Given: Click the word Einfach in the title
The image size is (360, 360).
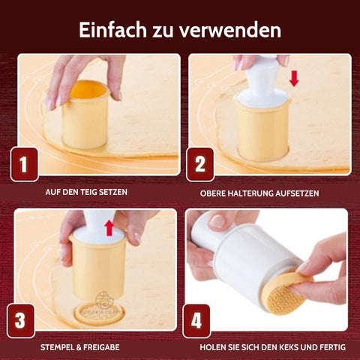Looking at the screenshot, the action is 112,30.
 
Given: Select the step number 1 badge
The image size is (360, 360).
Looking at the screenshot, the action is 24,164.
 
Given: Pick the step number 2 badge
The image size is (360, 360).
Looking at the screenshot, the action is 200,164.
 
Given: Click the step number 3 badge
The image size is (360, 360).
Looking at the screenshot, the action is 20,321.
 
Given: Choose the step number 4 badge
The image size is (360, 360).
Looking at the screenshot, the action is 196,321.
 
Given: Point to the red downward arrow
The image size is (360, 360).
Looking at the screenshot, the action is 294,79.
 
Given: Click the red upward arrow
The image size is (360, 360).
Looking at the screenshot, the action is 109,228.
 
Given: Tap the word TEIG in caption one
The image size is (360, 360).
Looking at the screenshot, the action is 88,192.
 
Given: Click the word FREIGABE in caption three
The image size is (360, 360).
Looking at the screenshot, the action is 101,347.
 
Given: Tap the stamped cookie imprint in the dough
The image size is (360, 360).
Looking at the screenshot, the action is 99,314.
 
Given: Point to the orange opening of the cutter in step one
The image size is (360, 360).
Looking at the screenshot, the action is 88,89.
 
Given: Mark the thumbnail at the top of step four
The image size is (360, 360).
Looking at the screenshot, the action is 218,220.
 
